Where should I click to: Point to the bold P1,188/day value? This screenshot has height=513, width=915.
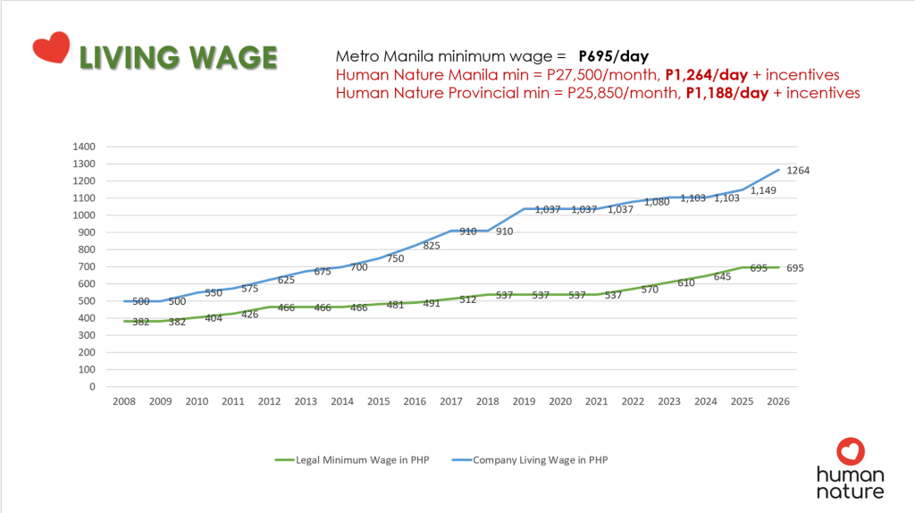726,92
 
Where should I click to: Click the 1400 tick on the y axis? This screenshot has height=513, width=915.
83,146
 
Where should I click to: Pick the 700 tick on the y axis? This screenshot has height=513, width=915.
86,266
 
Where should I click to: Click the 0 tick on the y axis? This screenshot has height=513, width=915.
91,387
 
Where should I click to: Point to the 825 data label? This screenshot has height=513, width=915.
431,245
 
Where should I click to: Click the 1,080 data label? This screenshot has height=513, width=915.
656,202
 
